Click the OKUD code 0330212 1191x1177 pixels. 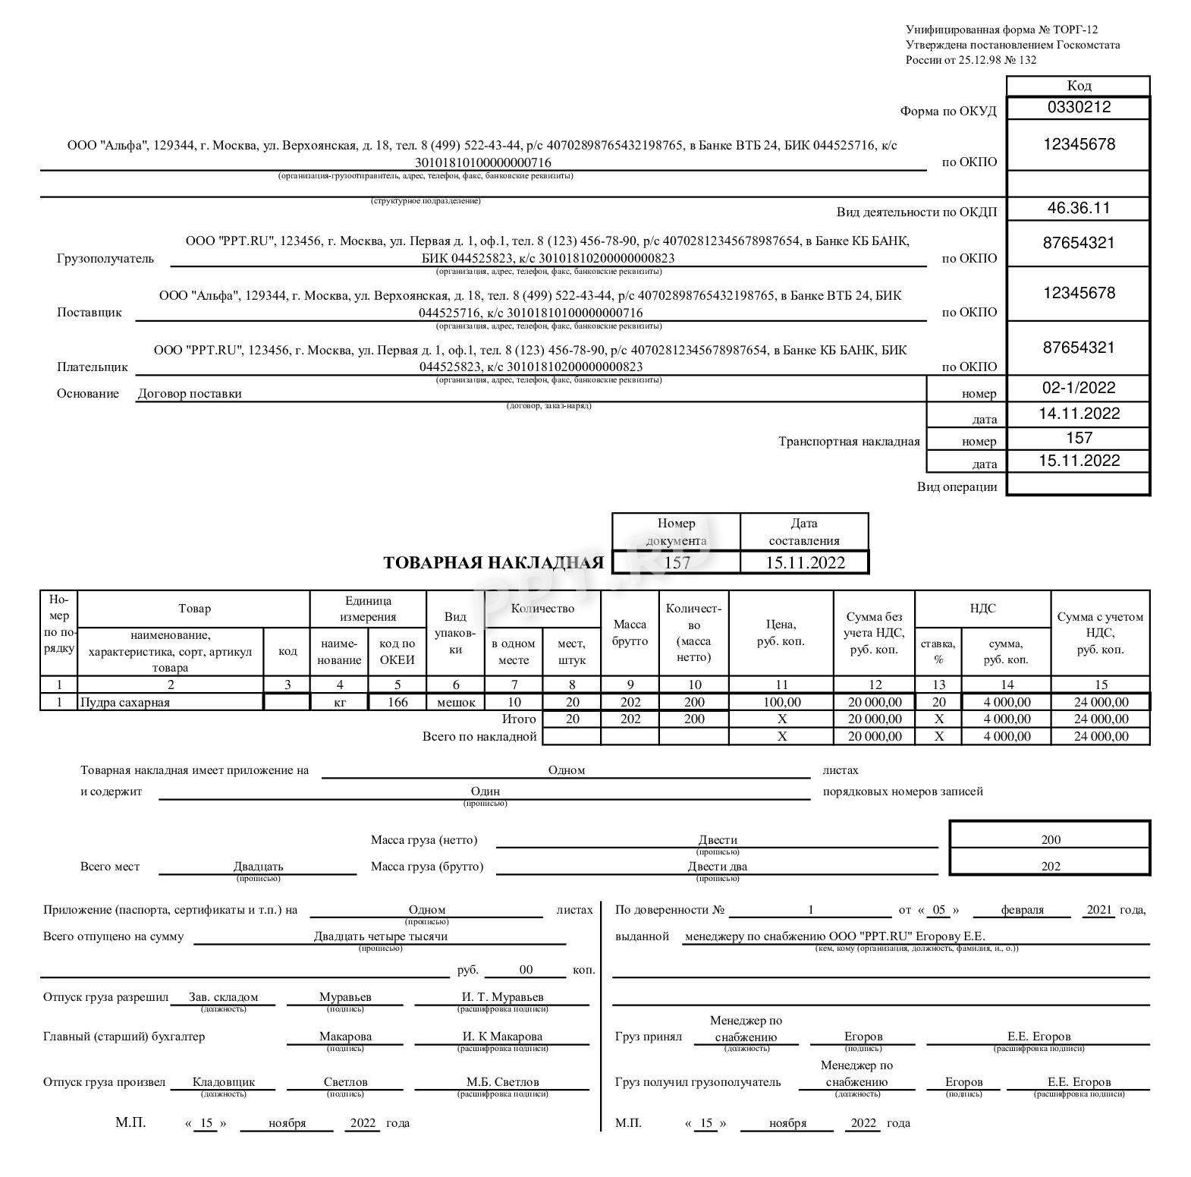click(1078, 107)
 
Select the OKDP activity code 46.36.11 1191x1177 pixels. click(1078, 208)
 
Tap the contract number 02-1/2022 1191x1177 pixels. click(1078, 388)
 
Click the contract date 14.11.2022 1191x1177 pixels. click(1078, 414)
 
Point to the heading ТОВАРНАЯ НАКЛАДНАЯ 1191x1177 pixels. click(493, 563)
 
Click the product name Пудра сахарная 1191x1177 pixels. click(125, 703)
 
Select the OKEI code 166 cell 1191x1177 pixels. click(398, 703)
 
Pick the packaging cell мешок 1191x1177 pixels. click(456, 703)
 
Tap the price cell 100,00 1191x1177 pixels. click(781, 703)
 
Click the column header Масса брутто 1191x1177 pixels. click(630, 633)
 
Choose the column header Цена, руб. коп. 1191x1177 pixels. click(781, 633)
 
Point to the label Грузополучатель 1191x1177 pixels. click(105, 259)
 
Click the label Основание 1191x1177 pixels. click(88, 394)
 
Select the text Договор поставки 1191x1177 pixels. click(190, 394)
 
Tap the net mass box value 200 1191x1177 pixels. click(1051, 840)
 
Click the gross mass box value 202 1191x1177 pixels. click(1051, 867)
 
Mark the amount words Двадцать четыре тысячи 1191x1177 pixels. click(381, 936)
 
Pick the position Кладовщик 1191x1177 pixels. click(224, 1082)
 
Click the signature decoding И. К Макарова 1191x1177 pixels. click(502, 1037)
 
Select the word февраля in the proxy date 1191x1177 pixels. click(1022, 910)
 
